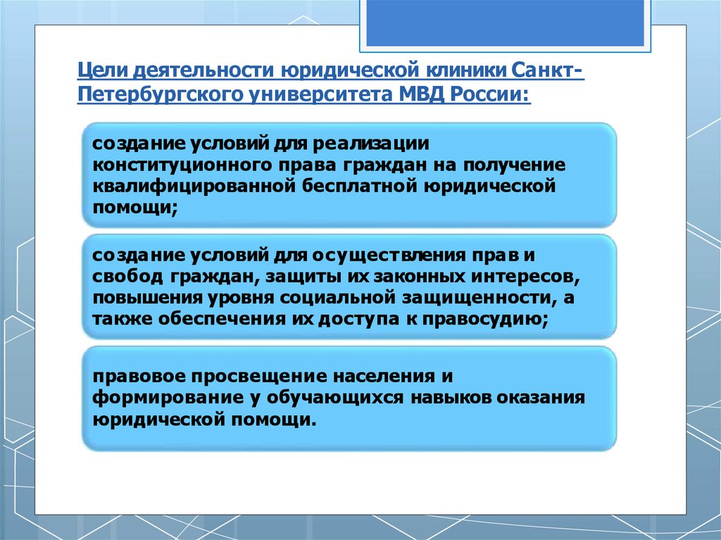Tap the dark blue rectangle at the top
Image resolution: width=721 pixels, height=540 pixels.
[505, 23]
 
